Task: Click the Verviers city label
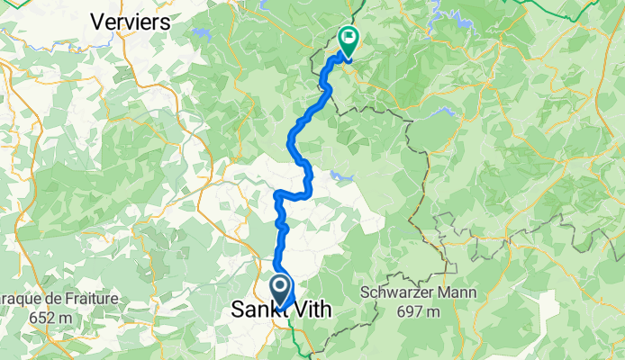(x=131, y=22)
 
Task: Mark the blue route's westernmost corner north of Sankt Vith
(x=276, y=193)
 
